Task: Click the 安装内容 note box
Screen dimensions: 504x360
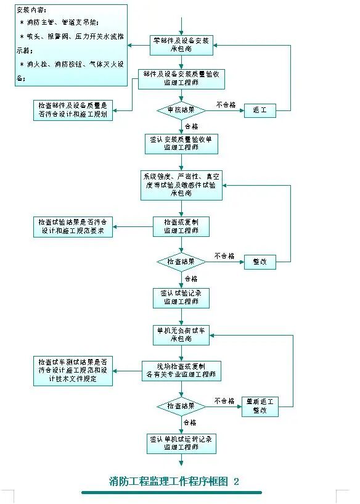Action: pyautogui.click(x=71, y=46)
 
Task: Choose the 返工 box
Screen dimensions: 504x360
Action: pyautogui.click(x=260, y=110)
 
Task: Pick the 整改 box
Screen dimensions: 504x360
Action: pyautogui.click(x=260, y=262)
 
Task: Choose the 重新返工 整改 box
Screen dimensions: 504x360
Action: pyautogui.click(x=260, y=406)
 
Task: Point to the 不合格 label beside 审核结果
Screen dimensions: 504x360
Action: pyautogui.click(x=226, y=105)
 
